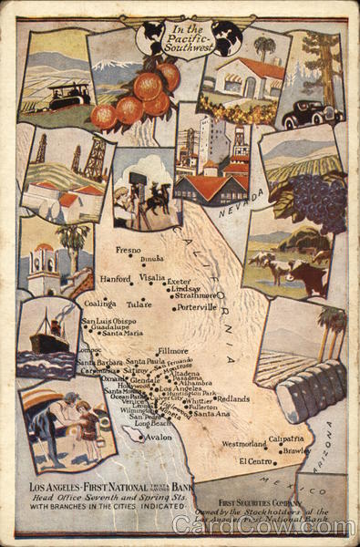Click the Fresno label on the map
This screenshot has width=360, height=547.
pos(129,249)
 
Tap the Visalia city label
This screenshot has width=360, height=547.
pos(151,277)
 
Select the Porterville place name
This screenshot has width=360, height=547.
pos(196,307)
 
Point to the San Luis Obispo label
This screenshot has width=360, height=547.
pos(108,321)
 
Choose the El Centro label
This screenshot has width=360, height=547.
pos(257,461)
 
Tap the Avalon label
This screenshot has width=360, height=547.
pos(158,437)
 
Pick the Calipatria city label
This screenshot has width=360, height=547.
pos(286,439)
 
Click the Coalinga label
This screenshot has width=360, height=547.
pos(99,303)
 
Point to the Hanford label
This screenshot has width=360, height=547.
pos(116,278)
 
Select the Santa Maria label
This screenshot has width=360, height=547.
pos(122,334)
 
